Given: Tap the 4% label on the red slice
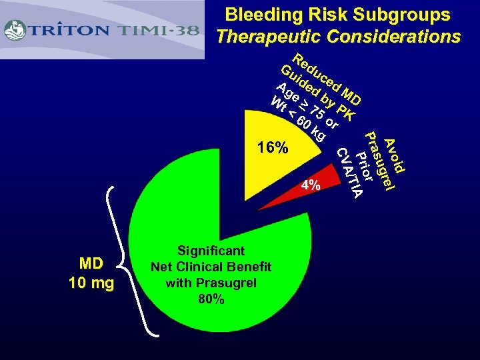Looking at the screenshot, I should pyautogui.click(x=311, y=185).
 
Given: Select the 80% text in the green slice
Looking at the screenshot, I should pyautogui.click(x=211, y=299).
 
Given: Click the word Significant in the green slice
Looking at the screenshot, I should pyautogui.click(x=211, y=251).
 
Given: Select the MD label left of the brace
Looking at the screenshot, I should pyautogui.click(x=91, y=267).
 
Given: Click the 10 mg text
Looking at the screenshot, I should pyautogui.click(x=91, y=283).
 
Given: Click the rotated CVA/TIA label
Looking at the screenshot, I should pyautogui.click(x=349, y=173).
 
